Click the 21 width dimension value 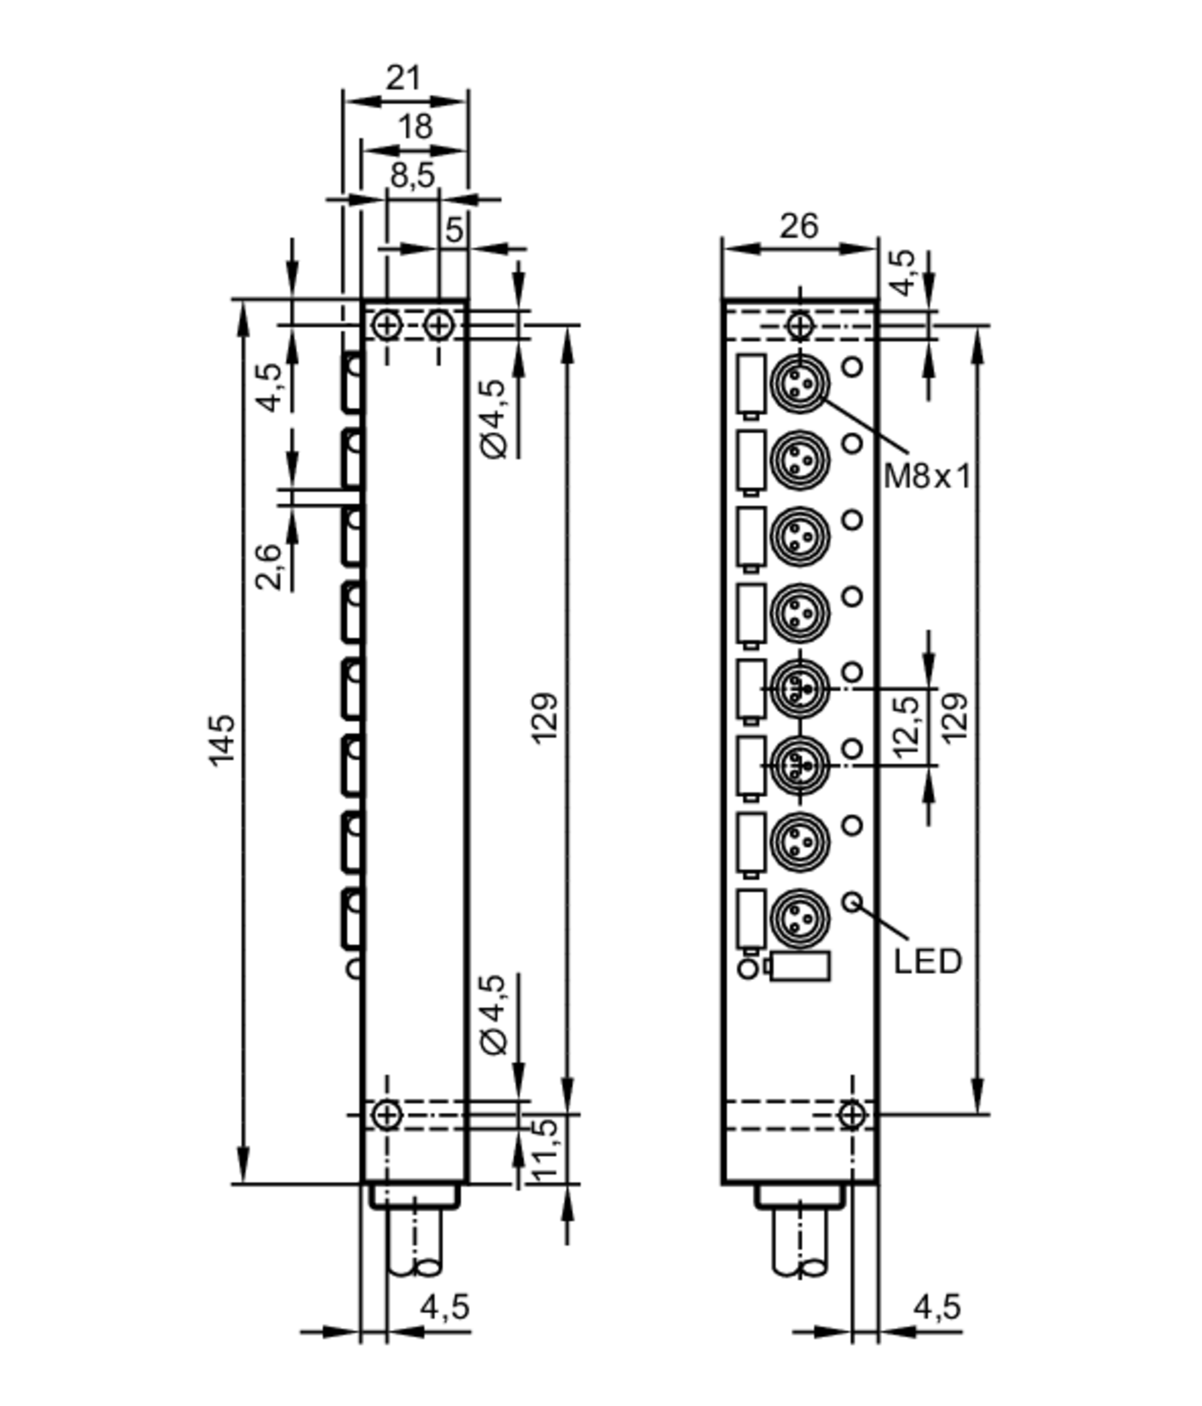404,79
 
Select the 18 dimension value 415,127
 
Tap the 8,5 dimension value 412,176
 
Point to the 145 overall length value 222,741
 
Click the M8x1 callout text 927,477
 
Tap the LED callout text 927,962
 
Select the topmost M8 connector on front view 800,385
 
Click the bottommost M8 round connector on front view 800,919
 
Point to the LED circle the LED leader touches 853,902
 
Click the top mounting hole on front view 800,326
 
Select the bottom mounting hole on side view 386,1114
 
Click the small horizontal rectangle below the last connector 801,966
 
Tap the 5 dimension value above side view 454,230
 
